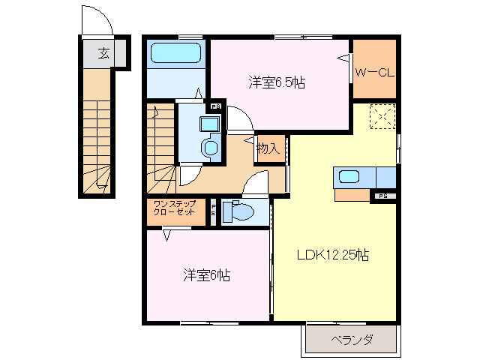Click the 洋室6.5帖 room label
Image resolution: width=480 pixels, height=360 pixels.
(x=276, y=82)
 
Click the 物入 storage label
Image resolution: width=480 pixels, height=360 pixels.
(x=268, y=148)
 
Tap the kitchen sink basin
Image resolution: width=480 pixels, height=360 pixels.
(x=350, y=177)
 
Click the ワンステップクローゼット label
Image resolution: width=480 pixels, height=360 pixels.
(x=175, y=208)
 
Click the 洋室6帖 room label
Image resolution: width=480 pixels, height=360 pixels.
(x=205, y=274)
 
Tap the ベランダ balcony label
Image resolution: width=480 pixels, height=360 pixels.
(x=352, y=340)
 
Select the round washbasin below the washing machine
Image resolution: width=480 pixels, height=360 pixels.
(x=211, y=147)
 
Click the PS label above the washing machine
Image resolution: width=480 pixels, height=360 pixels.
(x=215, y=106)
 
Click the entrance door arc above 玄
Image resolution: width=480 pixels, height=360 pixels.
(x=96, y=20)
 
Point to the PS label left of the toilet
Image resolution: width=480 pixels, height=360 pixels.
(x=213, y=211)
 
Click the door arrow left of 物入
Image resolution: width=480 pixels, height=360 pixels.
(x=249, y=139)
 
